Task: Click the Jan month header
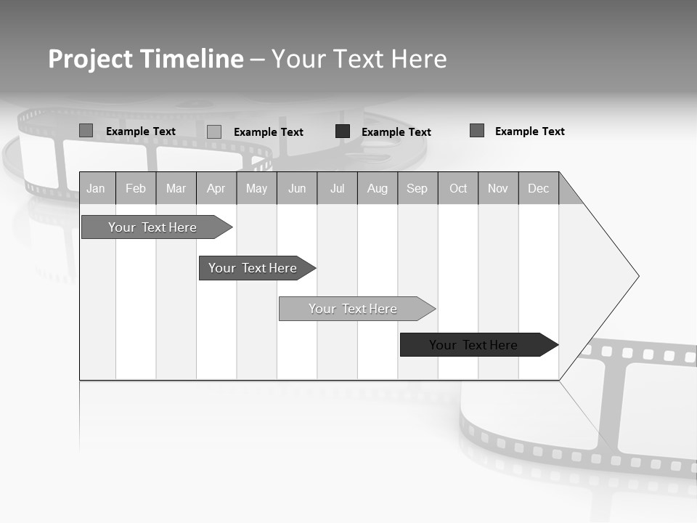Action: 96,189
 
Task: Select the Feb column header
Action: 136,189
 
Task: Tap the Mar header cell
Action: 176,189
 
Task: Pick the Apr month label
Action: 216,189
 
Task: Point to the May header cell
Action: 256,189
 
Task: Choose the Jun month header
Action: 297,189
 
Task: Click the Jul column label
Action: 337,189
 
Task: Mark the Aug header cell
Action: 378,189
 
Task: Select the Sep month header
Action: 417,189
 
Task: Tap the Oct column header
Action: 458,189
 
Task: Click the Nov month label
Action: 498,189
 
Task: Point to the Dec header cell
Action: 539,189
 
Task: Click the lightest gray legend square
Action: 214,131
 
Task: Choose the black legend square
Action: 343,131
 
